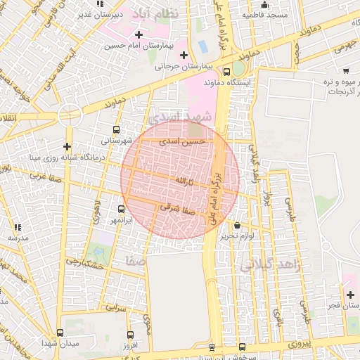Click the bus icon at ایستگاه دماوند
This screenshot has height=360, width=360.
point(226,71)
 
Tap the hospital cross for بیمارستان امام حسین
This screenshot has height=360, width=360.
point(139,34)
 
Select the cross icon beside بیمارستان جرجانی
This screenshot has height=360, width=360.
point(184,55)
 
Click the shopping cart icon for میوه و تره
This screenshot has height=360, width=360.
point(346,70)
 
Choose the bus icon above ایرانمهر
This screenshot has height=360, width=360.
point(121,209)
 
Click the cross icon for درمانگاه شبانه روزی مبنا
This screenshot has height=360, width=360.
point(67,146)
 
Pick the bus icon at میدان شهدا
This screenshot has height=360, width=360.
point(59,332)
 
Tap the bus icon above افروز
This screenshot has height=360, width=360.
point(129,335)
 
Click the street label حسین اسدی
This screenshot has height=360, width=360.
point(184,141)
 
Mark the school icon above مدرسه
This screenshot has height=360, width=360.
point(17,227)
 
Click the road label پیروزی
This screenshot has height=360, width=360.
point(298,344)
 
